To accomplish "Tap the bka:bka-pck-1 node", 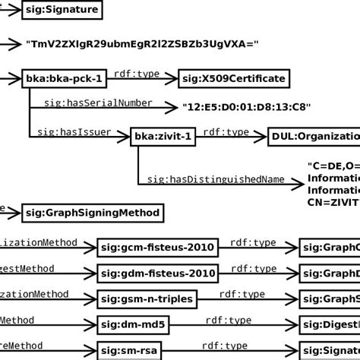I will (62, 77).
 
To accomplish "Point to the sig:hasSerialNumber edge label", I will (98, 103).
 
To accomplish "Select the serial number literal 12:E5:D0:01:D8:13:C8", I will (247, 107).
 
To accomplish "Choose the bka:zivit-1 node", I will (164, 136).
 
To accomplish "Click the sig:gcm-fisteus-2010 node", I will (158, 247).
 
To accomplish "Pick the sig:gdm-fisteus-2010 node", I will (158, 273).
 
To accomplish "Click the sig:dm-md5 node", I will (130, 324).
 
